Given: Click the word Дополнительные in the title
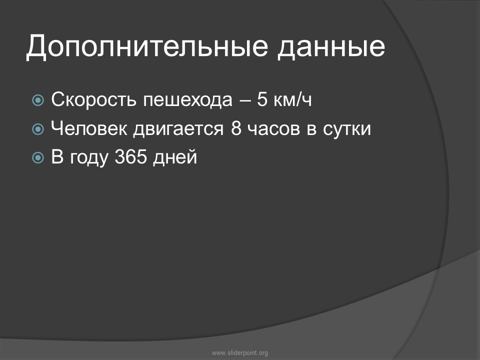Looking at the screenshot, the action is click(147, 46).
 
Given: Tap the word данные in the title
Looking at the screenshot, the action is click(331, 46).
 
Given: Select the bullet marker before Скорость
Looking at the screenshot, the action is click(38, 100).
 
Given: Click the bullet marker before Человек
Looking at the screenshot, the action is click(38, 129).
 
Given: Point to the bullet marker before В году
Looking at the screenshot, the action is click(38, 157).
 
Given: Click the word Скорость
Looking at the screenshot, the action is click(93, 99).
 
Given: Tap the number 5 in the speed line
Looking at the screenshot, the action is click(262, 99).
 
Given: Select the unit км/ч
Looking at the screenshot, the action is click(292, 99).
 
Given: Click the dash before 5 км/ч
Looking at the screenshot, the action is click(244, 100).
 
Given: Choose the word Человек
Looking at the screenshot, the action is click(89, 128).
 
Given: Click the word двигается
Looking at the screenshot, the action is click(178, 129).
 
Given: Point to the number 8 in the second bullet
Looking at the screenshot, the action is click(236, 128).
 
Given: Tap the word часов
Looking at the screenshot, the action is click(273, 129).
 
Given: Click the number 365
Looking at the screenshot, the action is click(130, 156).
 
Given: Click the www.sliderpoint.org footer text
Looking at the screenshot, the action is click(240, 353).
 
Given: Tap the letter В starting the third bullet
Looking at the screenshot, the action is click(57, 156).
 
